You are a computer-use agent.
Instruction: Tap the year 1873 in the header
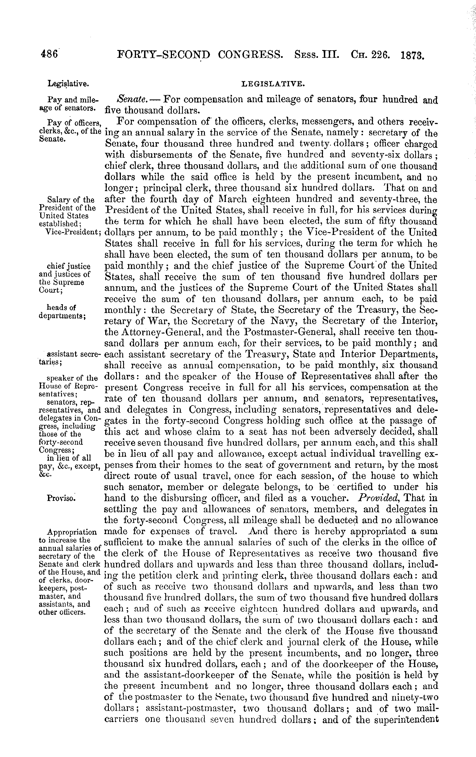point(413,56)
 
